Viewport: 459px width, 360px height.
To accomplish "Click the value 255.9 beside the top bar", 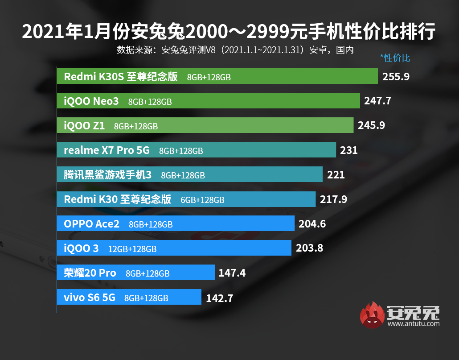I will (x=396, y=76).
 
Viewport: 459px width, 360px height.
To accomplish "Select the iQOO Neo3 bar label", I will (x=91, y=101).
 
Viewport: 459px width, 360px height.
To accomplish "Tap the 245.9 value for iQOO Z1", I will (x=372, y=126).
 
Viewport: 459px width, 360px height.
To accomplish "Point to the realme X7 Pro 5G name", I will (x=107, y=150).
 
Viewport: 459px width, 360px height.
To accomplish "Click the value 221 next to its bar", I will (x=336, y=175).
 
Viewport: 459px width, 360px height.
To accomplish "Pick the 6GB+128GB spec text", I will (x=202, y=200).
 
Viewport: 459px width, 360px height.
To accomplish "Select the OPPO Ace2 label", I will (x=92, y=224).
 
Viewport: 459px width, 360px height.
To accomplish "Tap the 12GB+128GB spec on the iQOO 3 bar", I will (x=132, y=249).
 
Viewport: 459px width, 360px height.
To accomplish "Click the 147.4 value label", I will (x=232, y=273).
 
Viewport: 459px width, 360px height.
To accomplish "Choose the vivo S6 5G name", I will (x=90, y=297).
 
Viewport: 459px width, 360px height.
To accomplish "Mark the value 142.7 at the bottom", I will (x=219, y=298).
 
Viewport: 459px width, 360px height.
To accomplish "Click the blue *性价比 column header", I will (x=395, y=58).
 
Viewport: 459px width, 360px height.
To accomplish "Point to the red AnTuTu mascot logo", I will (x=373, y=315).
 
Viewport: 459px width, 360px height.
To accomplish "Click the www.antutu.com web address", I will (x=414, y=324).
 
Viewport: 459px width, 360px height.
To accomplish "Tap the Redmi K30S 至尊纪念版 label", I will (x=121, y=76).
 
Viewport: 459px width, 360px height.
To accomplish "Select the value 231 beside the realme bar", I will (x=348, y=150).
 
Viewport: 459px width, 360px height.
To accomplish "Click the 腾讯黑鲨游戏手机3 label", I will (x=108, y=175).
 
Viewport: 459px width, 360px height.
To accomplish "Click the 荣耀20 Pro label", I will (x=90, y=273).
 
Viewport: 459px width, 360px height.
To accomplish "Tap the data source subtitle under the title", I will (x=235, y=50).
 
